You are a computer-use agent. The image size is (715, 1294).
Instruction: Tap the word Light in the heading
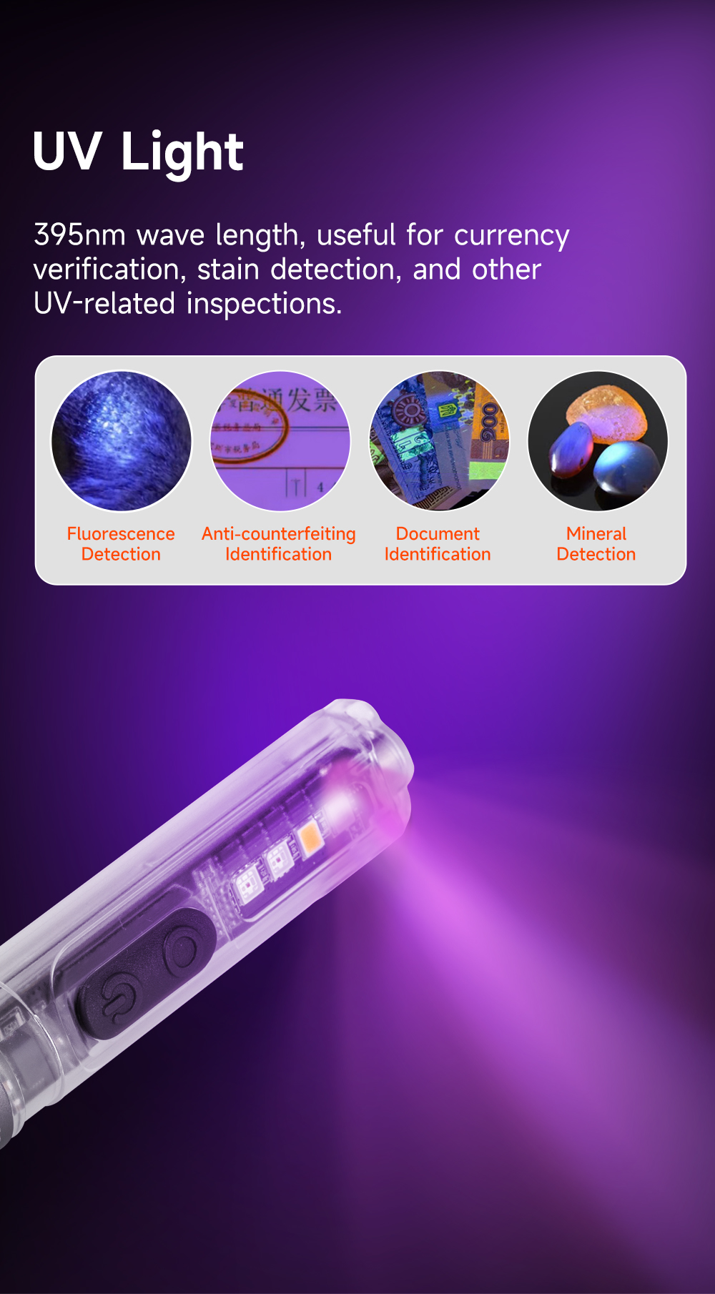tap(182, 152)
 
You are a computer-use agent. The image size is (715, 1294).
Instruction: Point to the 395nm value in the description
tap(79, 234)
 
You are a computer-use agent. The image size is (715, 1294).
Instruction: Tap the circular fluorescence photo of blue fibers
tap(122, 441)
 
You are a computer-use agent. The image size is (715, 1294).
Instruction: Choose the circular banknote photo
tap(439, 441)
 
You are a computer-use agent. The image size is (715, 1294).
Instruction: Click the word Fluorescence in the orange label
tap(121, 534)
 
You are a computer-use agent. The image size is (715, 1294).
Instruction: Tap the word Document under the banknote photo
tap(438, 534)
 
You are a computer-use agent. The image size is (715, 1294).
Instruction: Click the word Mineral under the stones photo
tap(596, 534)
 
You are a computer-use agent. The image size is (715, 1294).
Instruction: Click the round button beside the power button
tap(185, 952)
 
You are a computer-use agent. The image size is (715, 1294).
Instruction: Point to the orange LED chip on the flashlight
tap(310, 836)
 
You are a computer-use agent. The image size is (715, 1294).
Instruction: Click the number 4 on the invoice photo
tap(320, 488)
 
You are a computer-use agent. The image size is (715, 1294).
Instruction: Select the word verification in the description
tap(107, 270)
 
